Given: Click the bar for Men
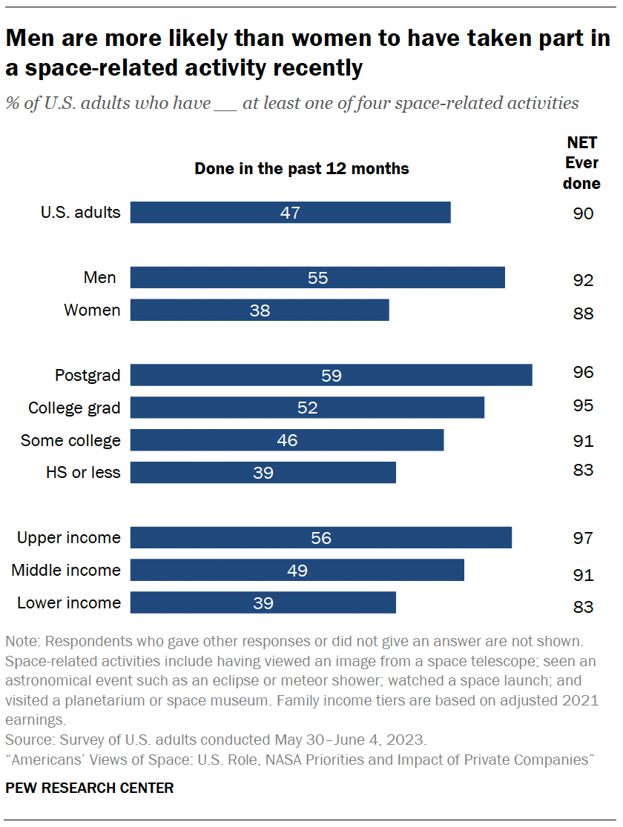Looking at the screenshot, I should tap(317, 278).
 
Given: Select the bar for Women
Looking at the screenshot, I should tap(260, 310).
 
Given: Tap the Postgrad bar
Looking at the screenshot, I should tap(332, 375).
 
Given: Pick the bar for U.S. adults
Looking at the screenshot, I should tap(291, 213).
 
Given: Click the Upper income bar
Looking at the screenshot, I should tap(321, 538).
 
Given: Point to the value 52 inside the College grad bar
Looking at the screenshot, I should tap(307, 408).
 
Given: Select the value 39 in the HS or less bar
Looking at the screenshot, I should tap(263, 473).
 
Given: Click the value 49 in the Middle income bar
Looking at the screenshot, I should tap(297, 571).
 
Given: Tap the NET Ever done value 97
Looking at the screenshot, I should tap(583, 538).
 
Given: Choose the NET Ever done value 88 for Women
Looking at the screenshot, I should tap(583, 313).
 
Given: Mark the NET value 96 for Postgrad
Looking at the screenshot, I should tap(583, 372).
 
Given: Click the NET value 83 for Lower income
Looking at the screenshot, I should tap(583, 607).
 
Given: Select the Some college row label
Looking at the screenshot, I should tap(70, 440).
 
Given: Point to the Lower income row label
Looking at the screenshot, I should tap(69, 602).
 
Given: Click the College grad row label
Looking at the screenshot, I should tap(74, 408).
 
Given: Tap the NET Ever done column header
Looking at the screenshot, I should tap(581, 163).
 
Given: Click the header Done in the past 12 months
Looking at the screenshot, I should tap(302, 169).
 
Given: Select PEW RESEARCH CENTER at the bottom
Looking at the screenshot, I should tap(90, 788).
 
